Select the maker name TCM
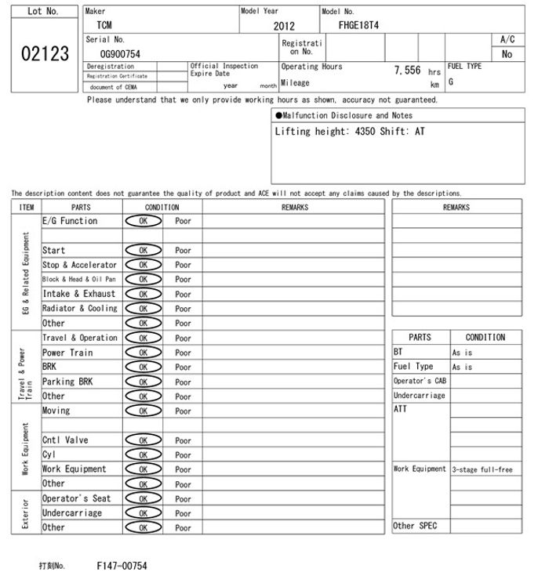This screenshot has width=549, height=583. pyautogui.click(x=104, y=25)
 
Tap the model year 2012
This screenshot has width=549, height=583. pyautogui.click(x=284, y=26)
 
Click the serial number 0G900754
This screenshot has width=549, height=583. pyautogui.click(x=120, y=53)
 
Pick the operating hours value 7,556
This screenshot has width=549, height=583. pyautogui.click(x=408, y=71)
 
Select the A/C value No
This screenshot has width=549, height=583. pyautogui.click(x=507, y=54)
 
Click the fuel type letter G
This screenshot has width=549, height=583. pyautogui.click(x=451, y=81)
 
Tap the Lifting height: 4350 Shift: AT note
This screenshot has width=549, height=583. pyautogui.click(x=350, y=132)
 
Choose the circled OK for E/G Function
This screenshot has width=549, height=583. pyautogui.click(x=143, y=222)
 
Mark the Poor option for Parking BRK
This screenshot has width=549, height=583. pyautogui.click(x=183, y=382)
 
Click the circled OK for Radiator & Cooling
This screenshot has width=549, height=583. pyautogui.click(x=143, y=309)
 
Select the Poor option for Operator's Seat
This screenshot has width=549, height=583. pyautogui.click(x=183, y=499)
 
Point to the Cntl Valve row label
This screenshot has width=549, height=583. pyautogui.click(x=65, y=440)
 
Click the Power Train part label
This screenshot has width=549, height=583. pyautogui.click(x=67, y=353)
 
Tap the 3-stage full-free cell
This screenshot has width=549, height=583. pyautogui.click(x=482, y=470)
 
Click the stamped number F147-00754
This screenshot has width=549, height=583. pyautogui.click(x=122, y=566)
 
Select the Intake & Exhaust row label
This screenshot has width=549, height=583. pyautogui.click(x=78, y=294)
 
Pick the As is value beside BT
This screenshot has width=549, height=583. pyautogui.click(x=463, y=353)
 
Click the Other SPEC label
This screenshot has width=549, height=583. pyautogui.click(x=415, y=526)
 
